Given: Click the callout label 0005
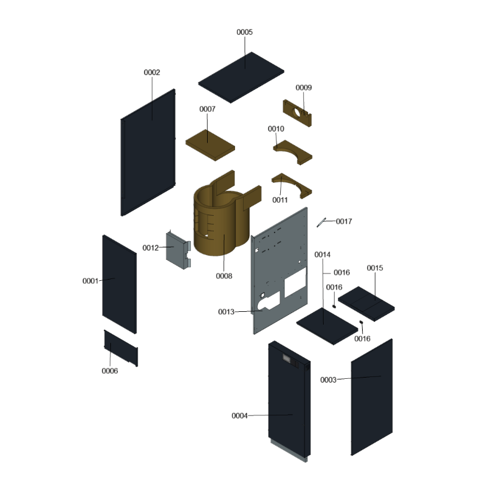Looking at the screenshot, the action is (244, 32).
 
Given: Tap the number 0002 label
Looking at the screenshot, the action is (152, 73).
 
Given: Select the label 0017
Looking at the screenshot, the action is (344, 221).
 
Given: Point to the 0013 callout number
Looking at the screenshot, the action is (226, 312).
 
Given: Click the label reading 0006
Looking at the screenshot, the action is (110, 371).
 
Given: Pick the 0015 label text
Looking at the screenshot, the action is (375, 268).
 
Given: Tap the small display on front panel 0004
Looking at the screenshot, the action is (287, 358).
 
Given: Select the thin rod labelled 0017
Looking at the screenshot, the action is (321, 223).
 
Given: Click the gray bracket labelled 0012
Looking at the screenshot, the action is (178, 250).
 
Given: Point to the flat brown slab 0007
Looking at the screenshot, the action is (210, 145).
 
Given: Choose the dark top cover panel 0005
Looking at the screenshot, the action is (241, 77).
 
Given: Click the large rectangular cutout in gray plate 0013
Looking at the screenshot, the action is (295, 282).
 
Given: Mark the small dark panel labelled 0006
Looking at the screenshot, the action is (121, 348).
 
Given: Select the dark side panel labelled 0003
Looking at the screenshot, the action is (371, 397).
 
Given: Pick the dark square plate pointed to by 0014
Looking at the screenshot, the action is (327, 326).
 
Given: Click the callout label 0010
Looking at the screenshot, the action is (276, 129).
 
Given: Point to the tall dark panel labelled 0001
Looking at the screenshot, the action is (120, 284).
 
